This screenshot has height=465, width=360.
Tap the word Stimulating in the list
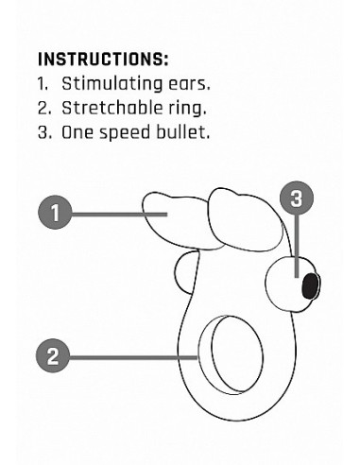(x=111, y=84)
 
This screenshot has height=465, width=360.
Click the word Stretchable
(x=111, y=108)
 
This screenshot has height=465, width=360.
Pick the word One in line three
(x=77, y=132)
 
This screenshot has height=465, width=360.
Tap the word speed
(x=125, y=133)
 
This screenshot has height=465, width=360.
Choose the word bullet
(x=183, y=131)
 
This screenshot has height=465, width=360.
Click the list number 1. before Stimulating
(x=43, y=84)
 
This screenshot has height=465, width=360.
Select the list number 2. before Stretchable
(x=44, y=108)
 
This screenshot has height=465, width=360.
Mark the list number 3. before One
(x=44, y=132)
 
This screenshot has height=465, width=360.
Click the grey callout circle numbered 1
(x=55, y=213)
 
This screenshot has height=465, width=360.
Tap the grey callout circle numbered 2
(x=53, y=355)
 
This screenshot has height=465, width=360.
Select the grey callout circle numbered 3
(x=297, y=198)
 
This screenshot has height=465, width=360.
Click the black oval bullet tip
(x=310, y=285)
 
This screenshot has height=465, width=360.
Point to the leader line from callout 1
(x=119, y=215)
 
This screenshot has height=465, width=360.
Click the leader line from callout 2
(x=133, y=357)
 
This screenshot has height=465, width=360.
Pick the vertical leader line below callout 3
(x=297, y=246)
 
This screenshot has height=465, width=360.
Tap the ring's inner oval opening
(x=237, y=353)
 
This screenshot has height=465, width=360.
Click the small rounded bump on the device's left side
(x=184, y=272)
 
